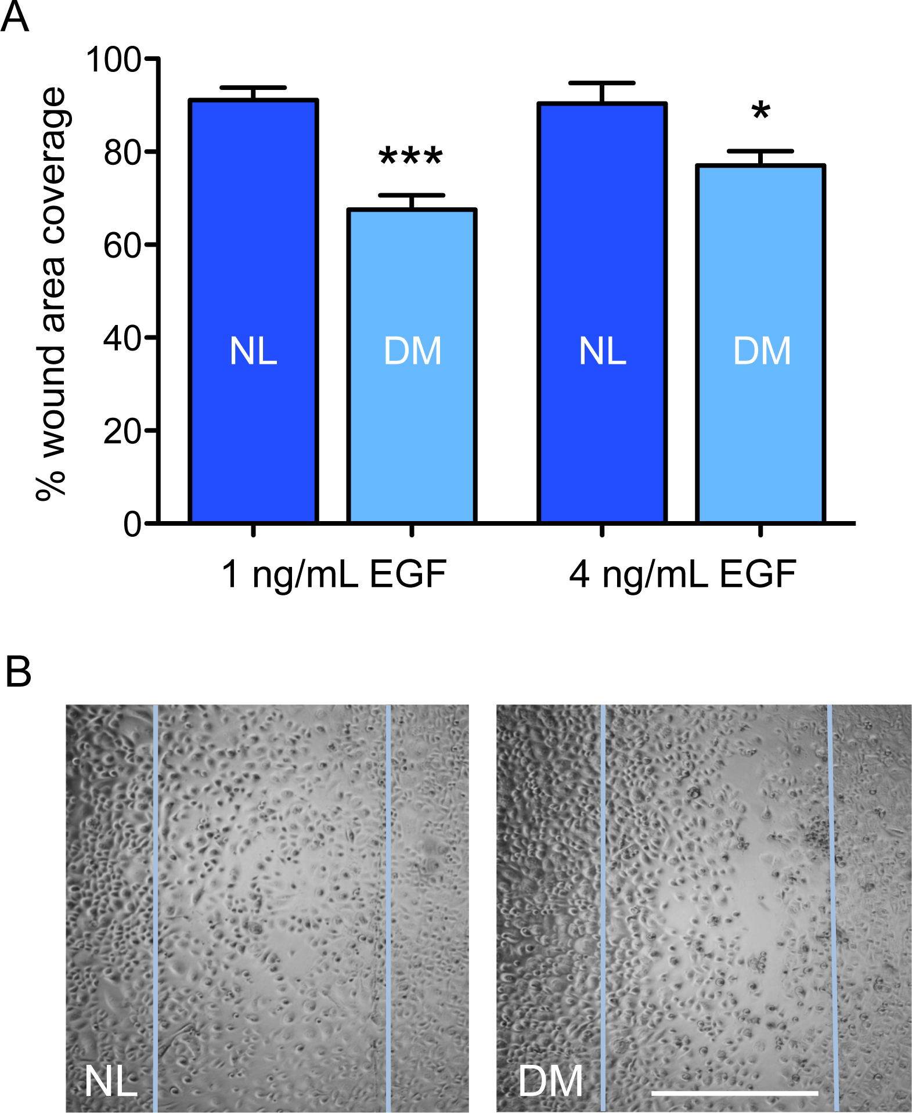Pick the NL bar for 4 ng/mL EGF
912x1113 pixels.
point(602,313)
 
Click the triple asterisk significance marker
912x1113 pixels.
point(411,156)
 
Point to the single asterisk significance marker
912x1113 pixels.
point(760,110)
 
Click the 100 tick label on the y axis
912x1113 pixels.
point(113,59)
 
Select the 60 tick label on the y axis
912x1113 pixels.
point(122,245)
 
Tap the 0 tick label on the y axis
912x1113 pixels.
point(132,524)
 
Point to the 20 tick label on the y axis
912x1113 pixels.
point(122,431)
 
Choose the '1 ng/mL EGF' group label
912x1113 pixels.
point(334,574)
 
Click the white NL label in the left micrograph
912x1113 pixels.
point(111,1081)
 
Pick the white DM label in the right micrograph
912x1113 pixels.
point(550,1081)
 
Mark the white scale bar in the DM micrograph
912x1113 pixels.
point(734,1093)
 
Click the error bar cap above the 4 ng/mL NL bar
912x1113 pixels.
point(602,84)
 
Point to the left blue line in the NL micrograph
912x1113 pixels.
point(156,905)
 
